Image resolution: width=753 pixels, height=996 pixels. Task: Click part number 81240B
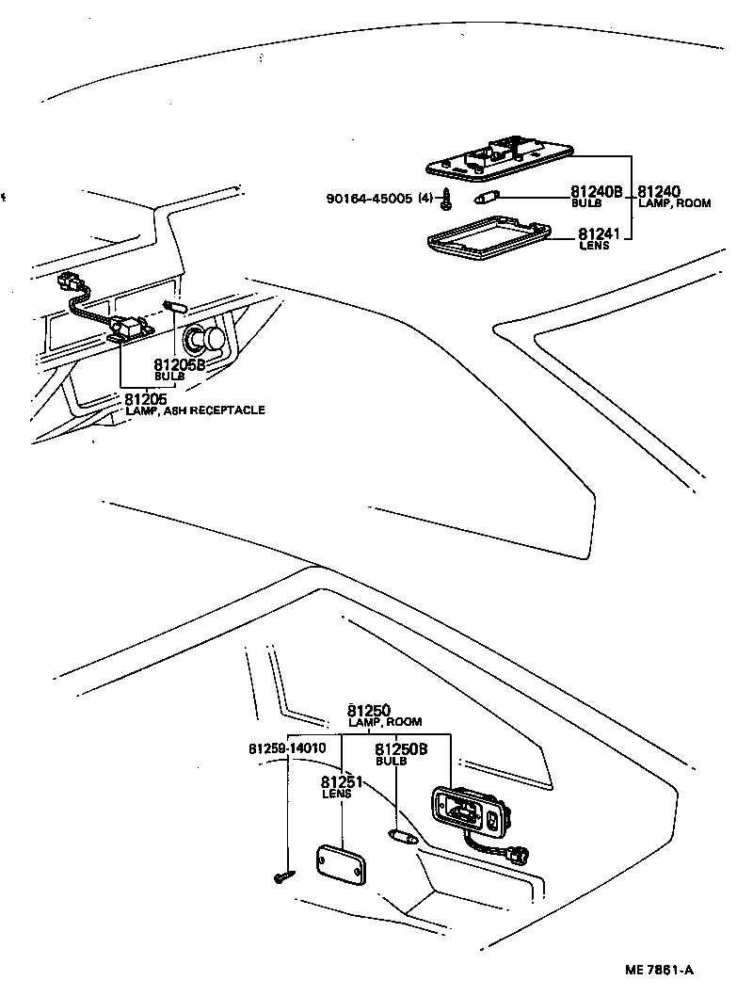click(x=597, y=192)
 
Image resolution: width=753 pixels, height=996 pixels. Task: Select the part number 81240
click(x=660, y=192)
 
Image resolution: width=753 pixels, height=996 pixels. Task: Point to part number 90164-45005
click(x=369, y=199)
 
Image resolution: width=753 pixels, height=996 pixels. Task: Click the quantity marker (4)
click(x=425, y=199)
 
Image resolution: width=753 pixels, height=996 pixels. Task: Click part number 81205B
click(x=179, y=364)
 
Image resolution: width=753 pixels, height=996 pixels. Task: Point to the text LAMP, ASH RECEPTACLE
click(x=195, y=410)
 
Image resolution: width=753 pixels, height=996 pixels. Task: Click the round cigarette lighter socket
click(x=205, y=339)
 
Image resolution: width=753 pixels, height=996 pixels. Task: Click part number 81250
click(x=368, y=711)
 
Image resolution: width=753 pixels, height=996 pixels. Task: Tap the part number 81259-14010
click(x=287, y=748)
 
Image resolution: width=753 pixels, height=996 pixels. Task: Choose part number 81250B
click(x=402, y=749)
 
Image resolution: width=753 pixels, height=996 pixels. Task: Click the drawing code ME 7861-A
click(x=658, y=970)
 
